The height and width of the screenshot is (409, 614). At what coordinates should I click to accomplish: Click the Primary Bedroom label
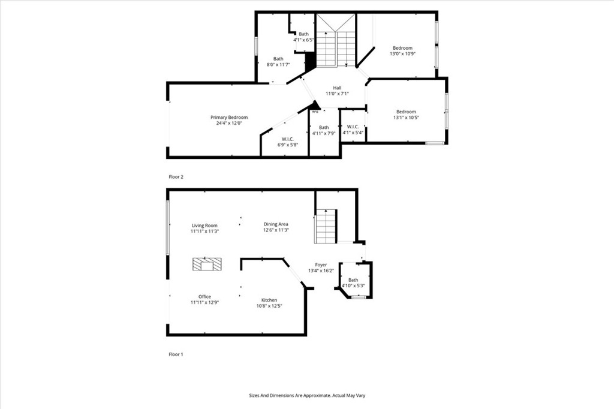(x=228, y=118)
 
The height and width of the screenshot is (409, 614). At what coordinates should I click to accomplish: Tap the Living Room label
(x=204, y=225)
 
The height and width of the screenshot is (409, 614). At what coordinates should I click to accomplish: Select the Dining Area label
(x=276, y=224)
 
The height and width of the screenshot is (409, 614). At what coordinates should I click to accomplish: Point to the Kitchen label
(x=269, y=300)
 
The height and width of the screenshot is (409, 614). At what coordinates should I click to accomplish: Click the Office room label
(x=204, y=297)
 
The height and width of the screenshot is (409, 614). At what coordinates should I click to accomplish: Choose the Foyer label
(x=321, y=264)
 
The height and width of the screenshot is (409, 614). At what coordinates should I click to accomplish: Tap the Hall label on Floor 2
(x=337, y=88)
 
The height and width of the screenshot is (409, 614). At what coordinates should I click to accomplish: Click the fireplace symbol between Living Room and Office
(x=207, y=264)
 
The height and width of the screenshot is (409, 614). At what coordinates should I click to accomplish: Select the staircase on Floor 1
(x=326, y=227)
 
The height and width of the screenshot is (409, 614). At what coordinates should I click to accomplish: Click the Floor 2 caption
(x=176, y=177)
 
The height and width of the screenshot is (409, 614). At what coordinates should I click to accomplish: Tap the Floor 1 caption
(x=176, y=354)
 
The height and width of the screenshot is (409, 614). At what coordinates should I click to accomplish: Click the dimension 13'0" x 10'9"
(x=402, y=54)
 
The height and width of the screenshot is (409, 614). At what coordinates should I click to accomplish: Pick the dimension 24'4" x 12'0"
(x=228, y=124)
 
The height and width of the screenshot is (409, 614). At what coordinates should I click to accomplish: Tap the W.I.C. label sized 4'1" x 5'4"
(x=353, y=127)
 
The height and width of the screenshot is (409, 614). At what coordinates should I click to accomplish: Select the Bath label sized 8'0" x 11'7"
(x=278, y=59)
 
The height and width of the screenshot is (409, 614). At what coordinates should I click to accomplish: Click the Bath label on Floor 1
(x=353, y=280)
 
